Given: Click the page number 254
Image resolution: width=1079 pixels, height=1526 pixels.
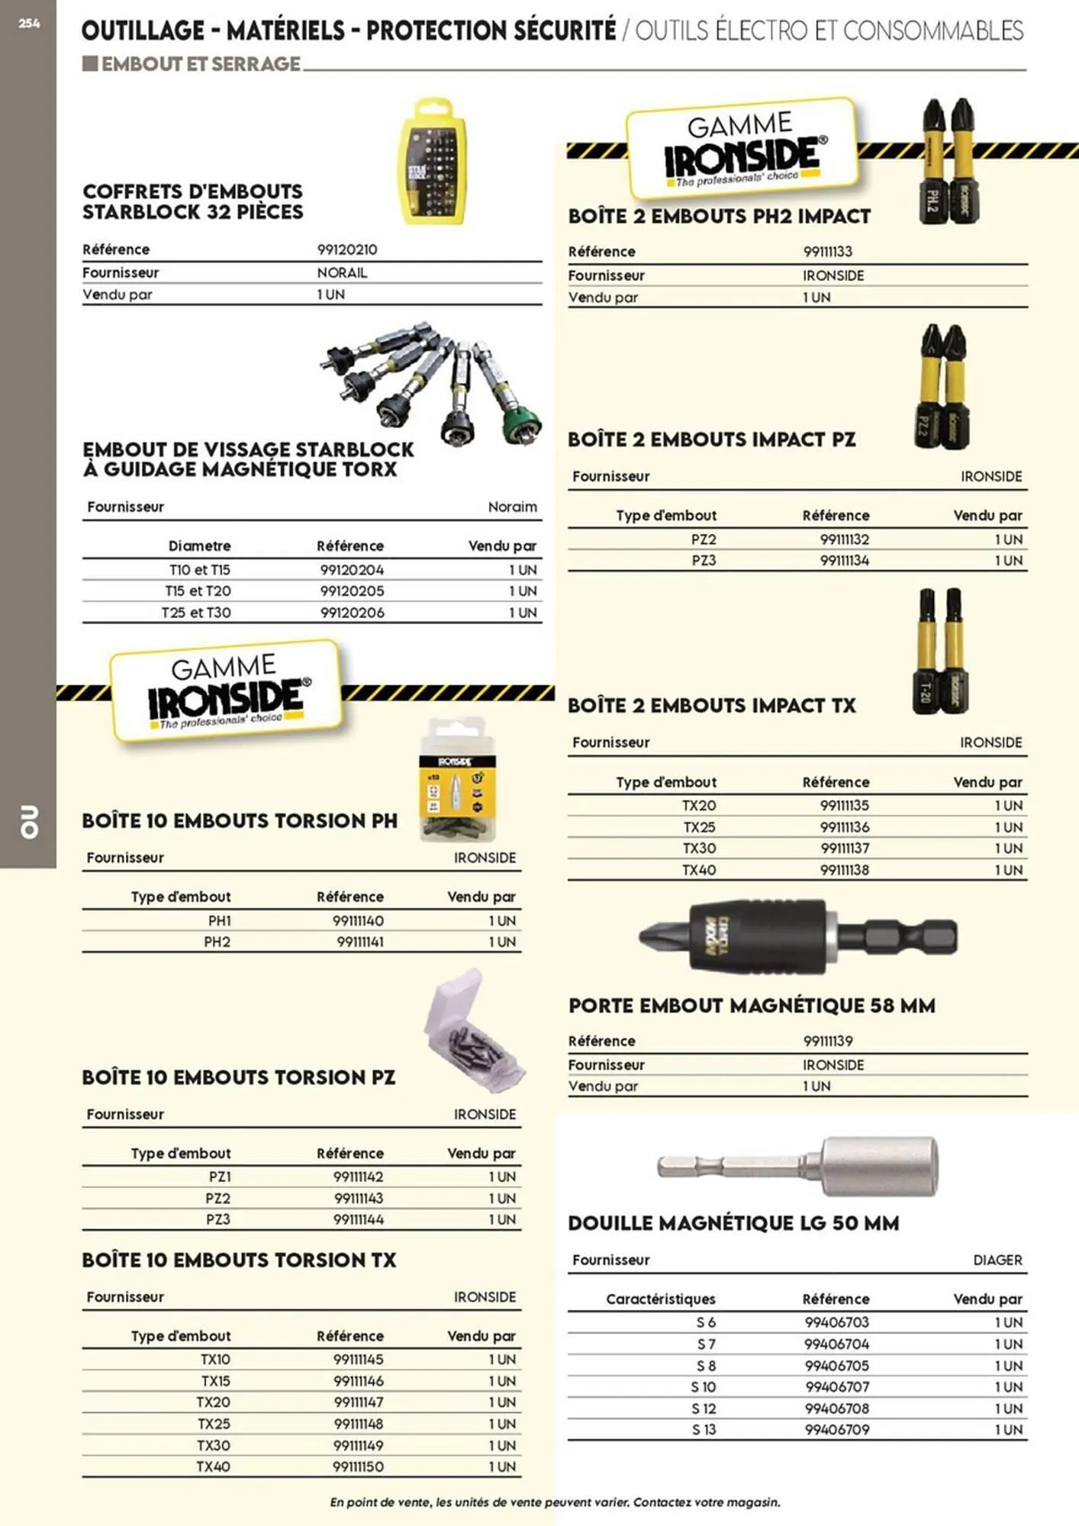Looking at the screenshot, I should pyautogui.click(x=29, y=24).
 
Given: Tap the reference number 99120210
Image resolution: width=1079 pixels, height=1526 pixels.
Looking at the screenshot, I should pyautogui.click(x=347, y=250).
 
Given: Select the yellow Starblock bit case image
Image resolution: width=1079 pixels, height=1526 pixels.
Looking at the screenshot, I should pyautogui.click(x=433, y=162).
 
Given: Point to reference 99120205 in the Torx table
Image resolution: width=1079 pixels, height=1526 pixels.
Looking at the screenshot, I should pyautogui.click(x=352, y=591).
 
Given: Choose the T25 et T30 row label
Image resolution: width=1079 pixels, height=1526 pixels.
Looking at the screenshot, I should pyautogui.click(x=196, y=612).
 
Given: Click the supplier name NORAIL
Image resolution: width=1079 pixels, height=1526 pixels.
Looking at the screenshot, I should pyautogui.click(x=342, y=272).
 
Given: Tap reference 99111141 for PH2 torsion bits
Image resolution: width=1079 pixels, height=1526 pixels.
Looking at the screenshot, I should pyautogui.click(x=360, y=942).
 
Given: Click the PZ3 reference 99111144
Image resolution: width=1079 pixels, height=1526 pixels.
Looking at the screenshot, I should pyautogui.click(x=359, y=1219).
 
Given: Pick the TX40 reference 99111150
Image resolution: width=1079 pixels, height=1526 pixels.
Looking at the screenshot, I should pyautogui.click(x=359, y=1466).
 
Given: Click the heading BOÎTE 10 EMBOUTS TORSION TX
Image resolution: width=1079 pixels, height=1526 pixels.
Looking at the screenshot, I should pyautogui.click(x=239, y=1260).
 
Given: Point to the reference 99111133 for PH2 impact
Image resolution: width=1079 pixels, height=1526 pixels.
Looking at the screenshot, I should pyautogui.click(x=828, y=251).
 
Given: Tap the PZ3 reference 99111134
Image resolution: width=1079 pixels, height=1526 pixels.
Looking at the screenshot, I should pyautogui.click(x=845, y=560).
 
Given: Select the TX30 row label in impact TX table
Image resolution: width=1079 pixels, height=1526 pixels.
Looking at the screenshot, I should pyautogui.click(x=700, y=848).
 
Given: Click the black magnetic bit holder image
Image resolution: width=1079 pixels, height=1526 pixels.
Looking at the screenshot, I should pyautogui.click(x=797, y=935).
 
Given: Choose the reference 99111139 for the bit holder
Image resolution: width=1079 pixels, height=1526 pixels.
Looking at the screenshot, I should pyautogui.click(x=828, y=1041).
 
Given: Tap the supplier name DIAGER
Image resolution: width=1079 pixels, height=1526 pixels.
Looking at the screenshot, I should pyautogui.click(x=997, y=1260).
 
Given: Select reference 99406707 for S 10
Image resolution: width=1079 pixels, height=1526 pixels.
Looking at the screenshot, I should pyautogui.click(x=837, y=1386).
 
